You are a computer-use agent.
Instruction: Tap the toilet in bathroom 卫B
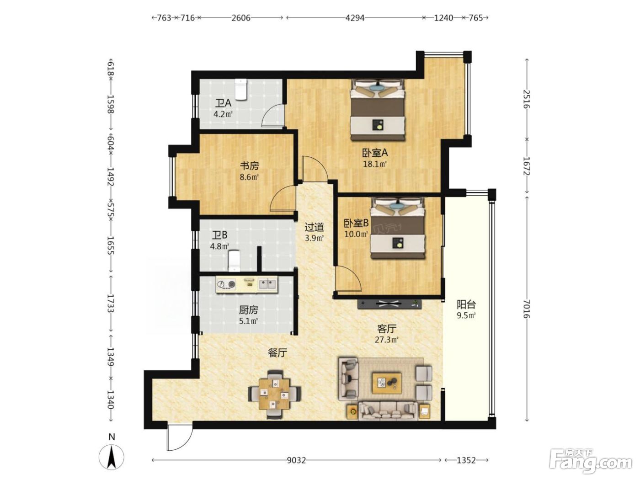(234, 261)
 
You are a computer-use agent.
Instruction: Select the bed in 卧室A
(378, 110)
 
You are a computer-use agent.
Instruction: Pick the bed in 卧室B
(397, 228)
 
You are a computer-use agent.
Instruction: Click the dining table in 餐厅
(274, 395)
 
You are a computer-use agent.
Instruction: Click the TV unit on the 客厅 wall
(389, 304)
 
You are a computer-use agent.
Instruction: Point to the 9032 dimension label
(296, 460)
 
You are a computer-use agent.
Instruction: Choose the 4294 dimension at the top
(355, 18)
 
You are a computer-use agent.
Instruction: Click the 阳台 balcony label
(466, 305)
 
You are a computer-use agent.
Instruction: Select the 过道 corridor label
(315, 227)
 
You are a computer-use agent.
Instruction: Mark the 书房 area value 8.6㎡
(249, 177)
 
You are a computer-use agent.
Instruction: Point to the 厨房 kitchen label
(249, 310)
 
